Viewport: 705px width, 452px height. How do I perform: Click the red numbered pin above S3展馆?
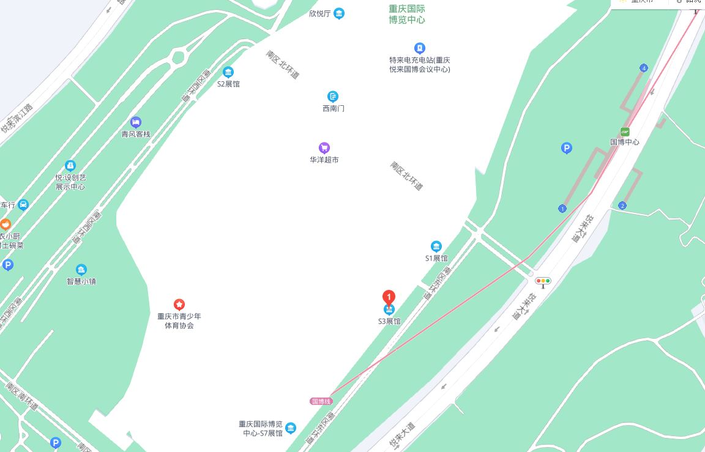[389, 297]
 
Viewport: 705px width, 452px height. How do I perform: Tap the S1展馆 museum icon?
[436, 246]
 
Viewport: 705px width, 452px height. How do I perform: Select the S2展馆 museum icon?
[228, 72]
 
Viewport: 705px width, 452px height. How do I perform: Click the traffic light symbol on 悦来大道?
[543, 281]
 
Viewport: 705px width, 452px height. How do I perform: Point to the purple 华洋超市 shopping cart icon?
[324, 147]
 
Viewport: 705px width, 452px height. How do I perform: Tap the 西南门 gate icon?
[333, 97]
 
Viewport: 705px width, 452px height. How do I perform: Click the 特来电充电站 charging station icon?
[419, 48]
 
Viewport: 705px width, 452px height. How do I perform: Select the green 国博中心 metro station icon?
[625, 132]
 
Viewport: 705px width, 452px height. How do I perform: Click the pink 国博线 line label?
[321, 401]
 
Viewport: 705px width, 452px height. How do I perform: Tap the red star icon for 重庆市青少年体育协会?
[179, 304]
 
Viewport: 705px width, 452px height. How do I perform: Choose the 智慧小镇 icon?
[81, 270]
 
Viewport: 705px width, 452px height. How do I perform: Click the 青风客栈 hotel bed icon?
[136, 122]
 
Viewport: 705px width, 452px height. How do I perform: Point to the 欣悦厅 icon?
[339, 13]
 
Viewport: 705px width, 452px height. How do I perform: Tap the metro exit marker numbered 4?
[644, 68]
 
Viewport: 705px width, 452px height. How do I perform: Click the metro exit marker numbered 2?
[622, 206]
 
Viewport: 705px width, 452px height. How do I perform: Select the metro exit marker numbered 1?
[562, 209]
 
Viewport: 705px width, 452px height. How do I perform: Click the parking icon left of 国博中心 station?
[567, 147]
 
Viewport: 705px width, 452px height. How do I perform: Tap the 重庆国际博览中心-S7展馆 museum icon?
[291, 428]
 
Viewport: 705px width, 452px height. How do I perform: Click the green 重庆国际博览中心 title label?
[407, 14]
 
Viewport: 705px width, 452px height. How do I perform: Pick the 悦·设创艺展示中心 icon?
[70, 166]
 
